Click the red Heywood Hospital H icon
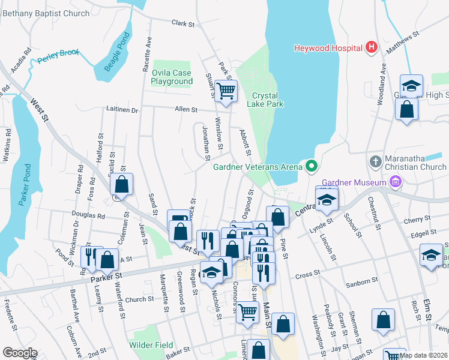click(372, 47)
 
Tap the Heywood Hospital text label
click(328, 48)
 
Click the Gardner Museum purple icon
click(395, 181)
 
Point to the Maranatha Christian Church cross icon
click(375, 161)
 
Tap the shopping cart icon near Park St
click(226, 92)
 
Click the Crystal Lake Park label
click(267, 100)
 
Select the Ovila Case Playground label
click(172, 77)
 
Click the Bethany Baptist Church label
click(45, 13)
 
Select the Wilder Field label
click(151, 345)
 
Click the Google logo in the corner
click(20, 353)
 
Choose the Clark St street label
click(183, 23)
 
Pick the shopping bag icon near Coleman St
click(121, 185)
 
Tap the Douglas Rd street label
click(88, 216)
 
